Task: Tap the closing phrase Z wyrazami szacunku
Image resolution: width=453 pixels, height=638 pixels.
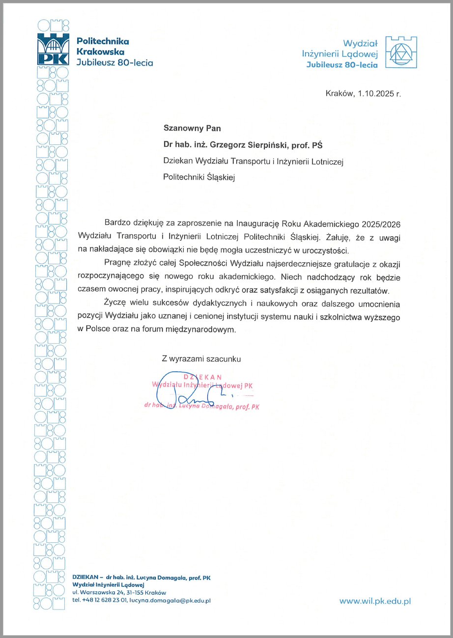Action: pyautogui.click(x=201, y=360)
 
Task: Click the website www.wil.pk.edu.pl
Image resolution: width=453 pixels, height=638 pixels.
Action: pyautogui.click(x=375, y=600)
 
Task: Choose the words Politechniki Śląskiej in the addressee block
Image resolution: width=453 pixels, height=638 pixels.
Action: pyautogui.click(x=199, y=177)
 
